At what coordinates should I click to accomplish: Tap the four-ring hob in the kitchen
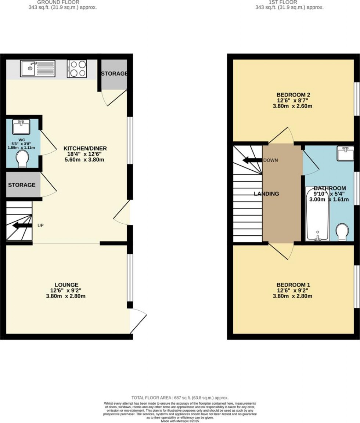pyautogui.click(x=77, y=69)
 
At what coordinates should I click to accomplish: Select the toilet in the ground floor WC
pyautogui.click(x=23, y=158)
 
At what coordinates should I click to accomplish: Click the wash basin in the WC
pyautogui.click(x=21, y=127)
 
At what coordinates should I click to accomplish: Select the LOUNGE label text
pyautogui.click(x=66, y=285)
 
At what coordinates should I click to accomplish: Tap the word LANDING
pyautogui.click(x=267, y=194)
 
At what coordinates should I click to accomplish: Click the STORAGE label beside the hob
pyautogui.click(x=114, y=74)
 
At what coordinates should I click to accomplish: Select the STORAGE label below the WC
pyautogui.click(x=22, y=185)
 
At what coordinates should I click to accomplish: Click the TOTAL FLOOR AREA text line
pyautogui.click(x=180, y=398)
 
